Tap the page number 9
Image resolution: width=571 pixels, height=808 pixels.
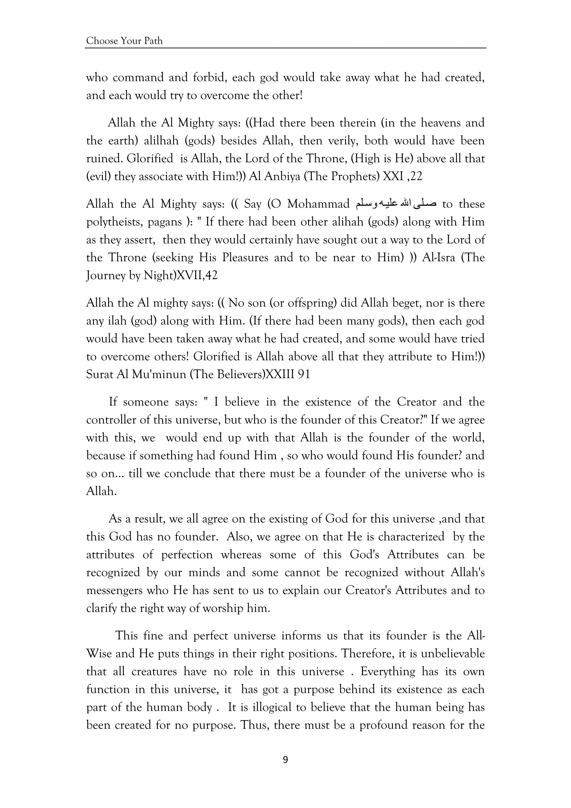point(285,760)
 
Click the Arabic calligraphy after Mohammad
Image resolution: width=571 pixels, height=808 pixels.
point(396,204)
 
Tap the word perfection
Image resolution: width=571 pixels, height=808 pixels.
point(187,555)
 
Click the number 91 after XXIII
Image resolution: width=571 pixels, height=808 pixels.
point(304,375)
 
